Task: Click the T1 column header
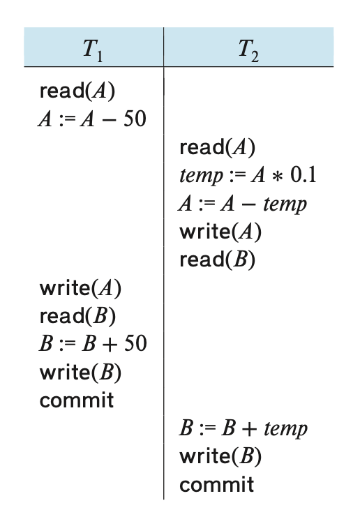[x=93, y=50]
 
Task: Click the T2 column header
[x=248, y=50]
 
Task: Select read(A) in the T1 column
[x=77, y=91]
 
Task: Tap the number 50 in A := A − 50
[x=135, y=119]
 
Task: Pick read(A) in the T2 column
[x=218, y=147]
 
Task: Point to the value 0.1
[x=303, y=175]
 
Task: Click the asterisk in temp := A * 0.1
[x=277, y=176]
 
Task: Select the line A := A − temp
[x=243, y=204]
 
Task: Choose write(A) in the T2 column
[x=220, y=232]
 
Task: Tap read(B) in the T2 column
[x=218, y=260]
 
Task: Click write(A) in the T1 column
[x=80, y=288]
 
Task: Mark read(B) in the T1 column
[x=77, y=316]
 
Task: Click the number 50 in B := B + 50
[x=135, y=343]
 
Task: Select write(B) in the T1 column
[x=80, y=373]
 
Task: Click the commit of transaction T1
[x=77, y=400]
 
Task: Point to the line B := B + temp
[x=243, y=428]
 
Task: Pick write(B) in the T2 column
[x=220, y=456]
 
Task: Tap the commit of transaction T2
[x=217, y=485]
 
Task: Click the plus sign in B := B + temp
[x=249, y=430]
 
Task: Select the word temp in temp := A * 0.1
[x=202, y=176]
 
